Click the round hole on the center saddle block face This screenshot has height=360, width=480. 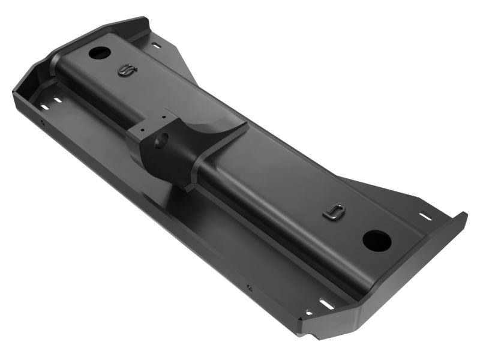(161, 142)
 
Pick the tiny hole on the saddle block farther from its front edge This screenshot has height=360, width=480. (163, 115)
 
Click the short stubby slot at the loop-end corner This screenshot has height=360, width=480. (310, 311)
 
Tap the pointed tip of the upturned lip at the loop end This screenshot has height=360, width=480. (464, 214)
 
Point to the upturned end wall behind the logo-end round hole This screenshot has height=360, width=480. (129, 27)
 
